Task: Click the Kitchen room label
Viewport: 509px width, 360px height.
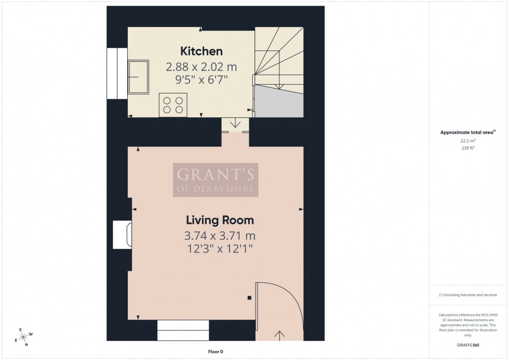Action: (201, 51)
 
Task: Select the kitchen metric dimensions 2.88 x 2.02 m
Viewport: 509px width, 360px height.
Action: (201, 67)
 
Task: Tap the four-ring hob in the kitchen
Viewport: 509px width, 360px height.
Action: (173, 104)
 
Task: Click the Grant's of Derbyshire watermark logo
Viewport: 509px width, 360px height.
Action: (216, 180)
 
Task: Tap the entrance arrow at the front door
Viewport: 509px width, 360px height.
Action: (279, 334)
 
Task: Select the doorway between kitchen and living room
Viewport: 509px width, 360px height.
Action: (236, 125)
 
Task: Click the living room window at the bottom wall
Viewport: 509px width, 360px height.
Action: (183, 330)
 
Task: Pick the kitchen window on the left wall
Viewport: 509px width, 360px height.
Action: (117, 73)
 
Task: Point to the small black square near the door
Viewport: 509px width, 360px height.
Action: (249, 298)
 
